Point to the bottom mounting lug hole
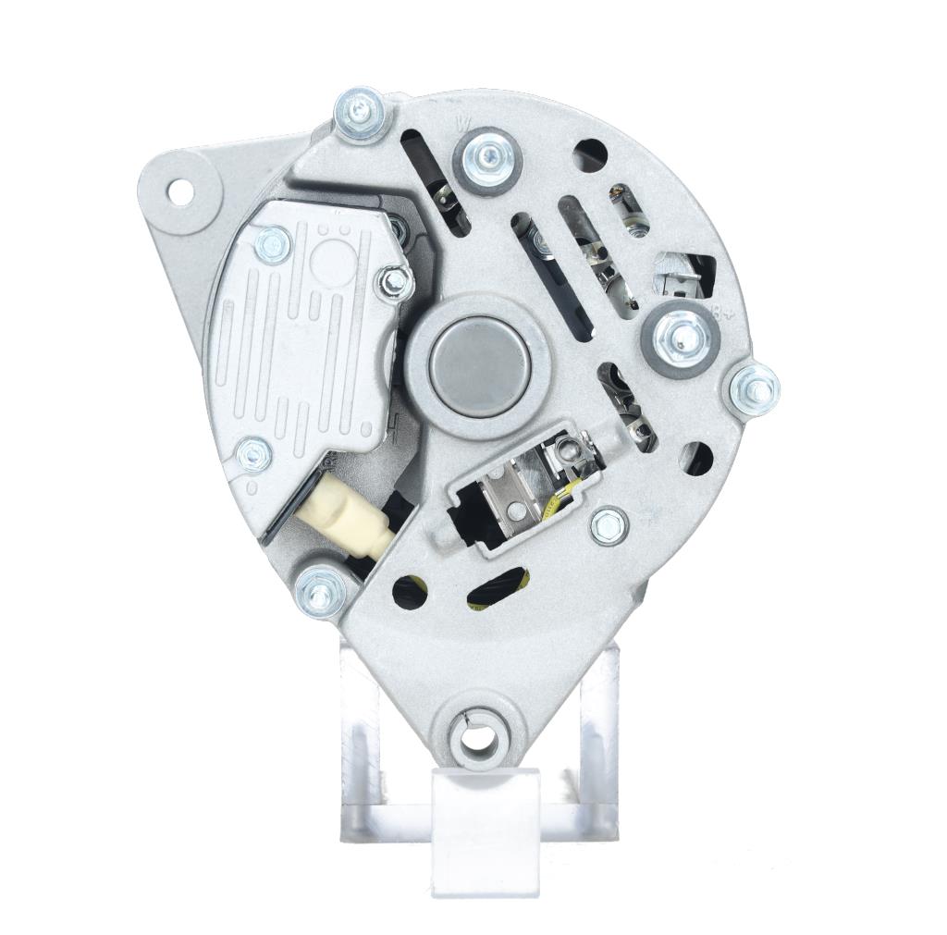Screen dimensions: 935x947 coord(477,737)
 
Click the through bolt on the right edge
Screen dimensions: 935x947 coord(753,388)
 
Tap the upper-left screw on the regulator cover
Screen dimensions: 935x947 coord(273,244)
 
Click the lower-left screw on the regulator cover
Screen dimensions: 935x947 coord(252,453)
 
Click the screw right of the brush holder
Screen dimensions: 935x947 coord(609,524)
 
